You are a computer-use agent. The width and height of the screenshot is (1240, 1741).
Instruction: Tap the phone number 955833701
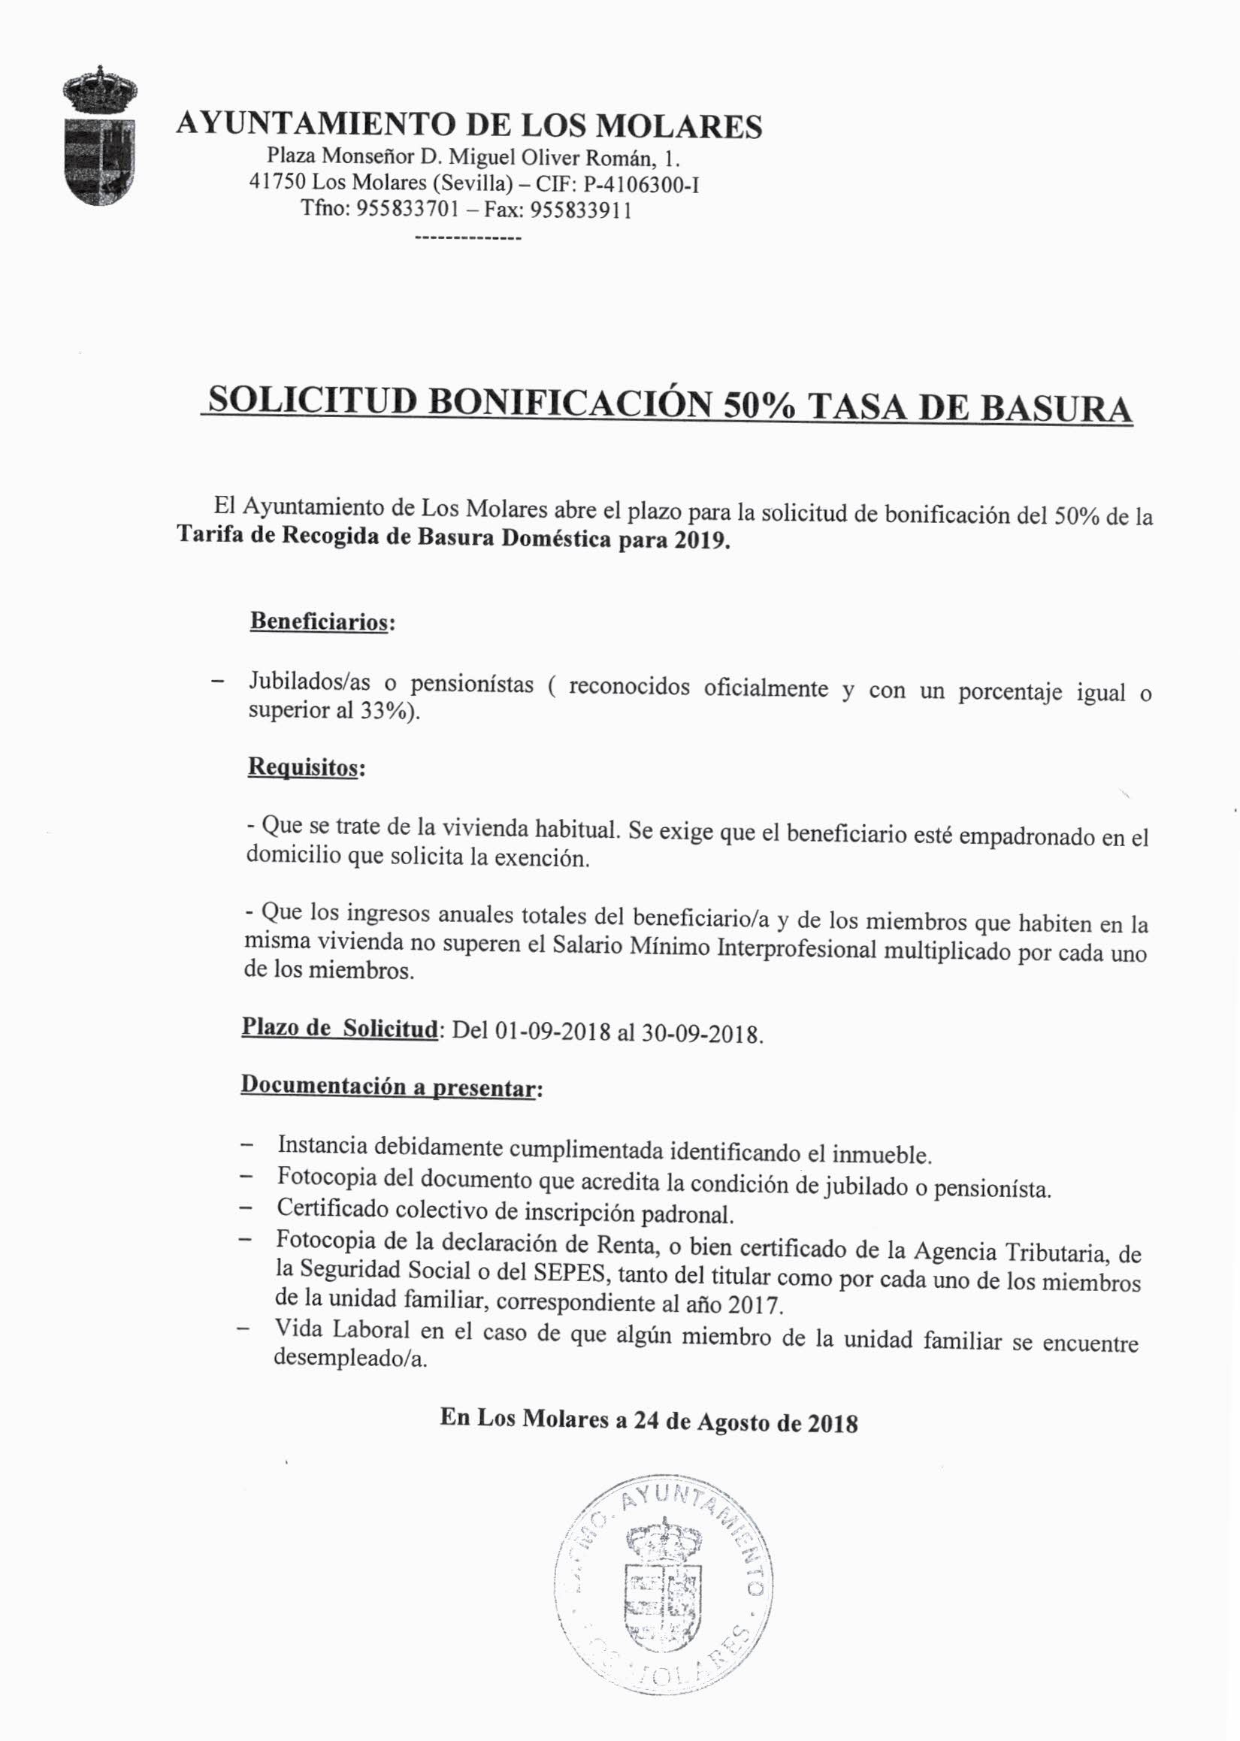pyautogui.click(x=402, y=208)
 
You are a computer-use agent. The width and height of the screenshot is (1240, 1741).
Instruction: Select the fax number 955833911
pyautogui.click(x=581, y=210)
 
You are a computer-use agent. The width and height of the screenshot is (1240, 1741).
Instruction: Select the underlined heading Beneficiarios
pyautogui.click(x=319, y=621)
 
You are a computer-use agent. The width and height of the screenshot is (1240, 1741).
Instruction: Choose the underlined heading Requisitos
pyautogui.click(x=302, y=766)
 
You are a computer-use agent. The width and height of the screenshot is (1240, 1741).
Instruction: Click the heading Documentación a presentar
pyautogui.click(x=389, y=1087)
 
